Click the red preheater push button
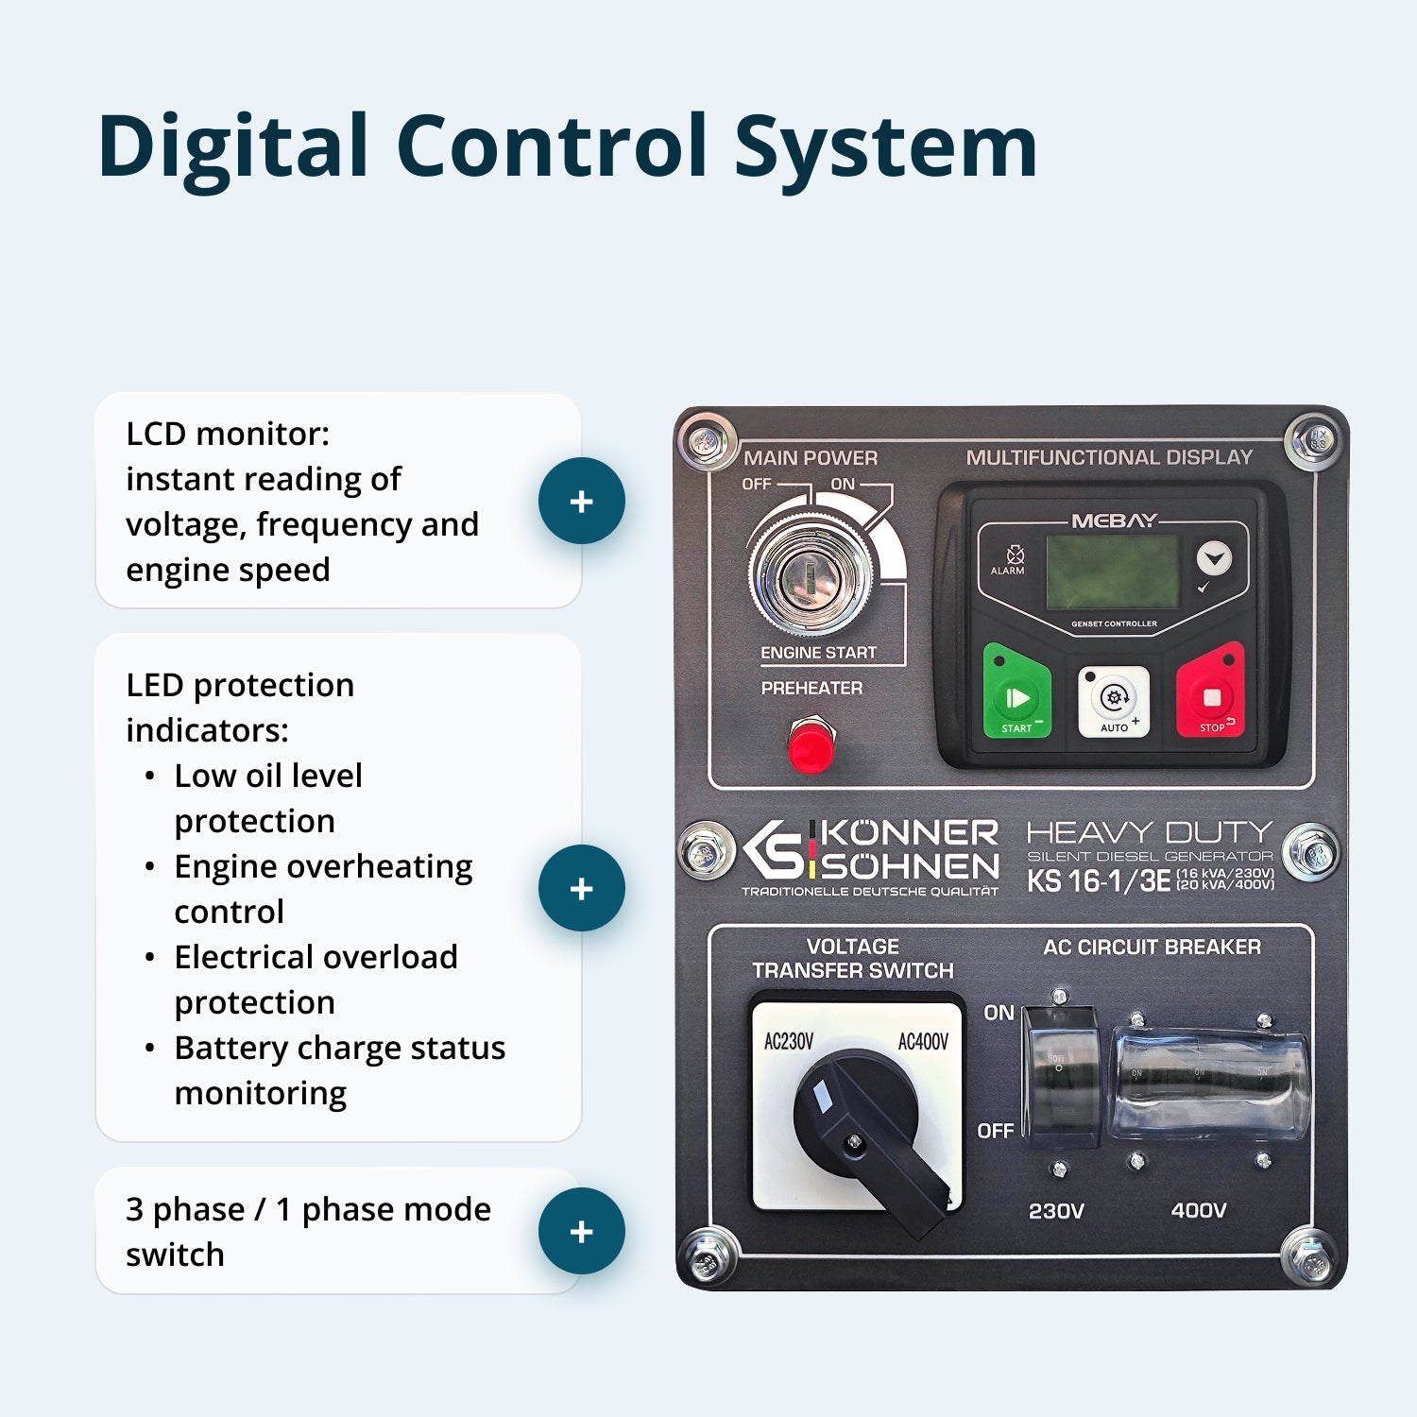pos(811,745)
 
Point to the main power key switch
pos(811,577)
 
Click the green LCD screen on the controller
pos(1113,572)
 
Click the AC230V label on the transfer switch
pos(789,1041)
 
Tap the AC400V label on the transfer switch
pos(923,1041)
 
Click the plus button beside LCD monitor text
pos(581,501)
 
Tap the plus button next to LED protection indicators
pos(581,888)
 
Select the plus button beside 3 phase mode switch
pos(581,1231)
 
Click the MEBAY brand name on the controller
pos(1114,521)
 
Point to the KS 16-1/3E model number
pos(1099,881)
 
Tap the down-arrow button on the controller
pos(1214,558)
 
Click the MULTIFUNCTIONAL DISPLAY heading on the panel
pos(1109,457)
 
